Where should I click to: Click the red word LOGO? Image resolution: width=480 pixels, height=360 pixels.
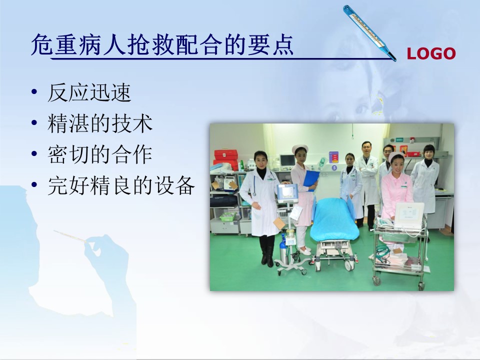431,53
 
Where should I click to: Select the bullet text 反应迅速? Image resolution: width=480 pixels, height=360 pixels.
89,92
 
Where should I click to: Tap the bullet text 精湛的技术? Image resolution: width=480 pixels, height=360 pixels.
100,123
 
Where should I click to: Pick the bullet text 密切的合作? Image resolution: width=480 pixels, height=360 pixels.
100,154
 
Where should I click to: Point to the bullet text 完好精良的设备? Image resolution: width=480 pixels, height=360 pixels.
121,185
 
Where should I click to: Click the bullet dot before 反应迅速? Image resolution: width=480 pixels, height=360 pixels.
34,91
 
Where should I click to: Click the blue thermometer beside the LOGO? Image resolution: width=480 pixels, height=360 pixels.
369,33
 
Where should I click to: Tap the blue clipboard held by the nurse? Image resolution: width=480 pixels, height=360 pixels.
311,180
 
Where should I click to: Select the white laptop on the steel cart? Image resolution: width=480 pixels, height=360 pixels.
409,215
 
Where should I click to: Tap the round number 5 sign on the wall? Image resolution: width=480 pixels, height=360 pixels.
334,168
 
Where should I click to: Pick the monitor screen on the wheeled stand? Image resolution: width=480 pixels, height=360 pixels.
287,193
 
